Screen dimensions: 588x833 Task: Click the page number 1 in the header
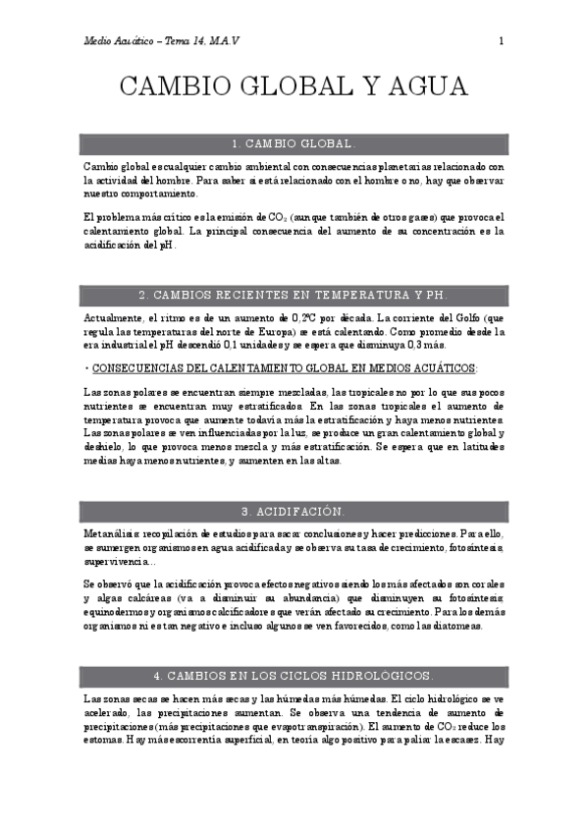[x=501, y=40]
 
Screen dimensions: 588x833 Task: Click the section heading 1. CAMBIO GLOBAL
[x=293, y=143]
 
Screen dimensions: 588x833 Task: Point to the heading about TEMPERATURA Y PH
[x=293, y=295]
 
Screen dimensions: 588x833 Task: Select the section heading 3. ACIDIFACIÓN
[x=293, y=512]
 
